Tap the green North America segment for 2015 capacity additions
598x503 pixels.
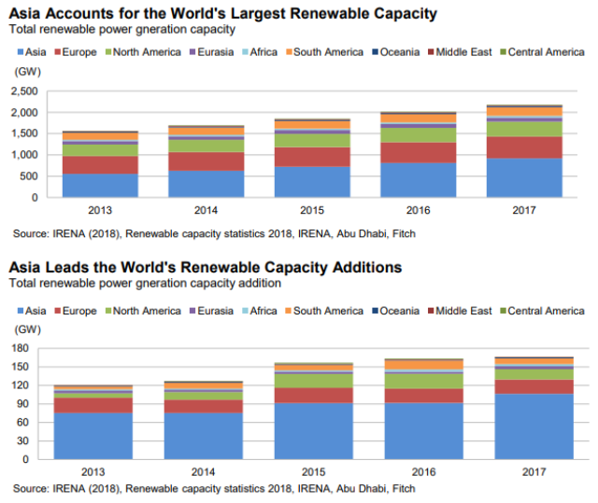(x=312, y=381)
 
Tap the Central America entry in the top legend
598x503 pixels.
(x=546, y=52)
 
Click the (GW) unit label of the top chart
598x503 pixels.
(x=27, y=71)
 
